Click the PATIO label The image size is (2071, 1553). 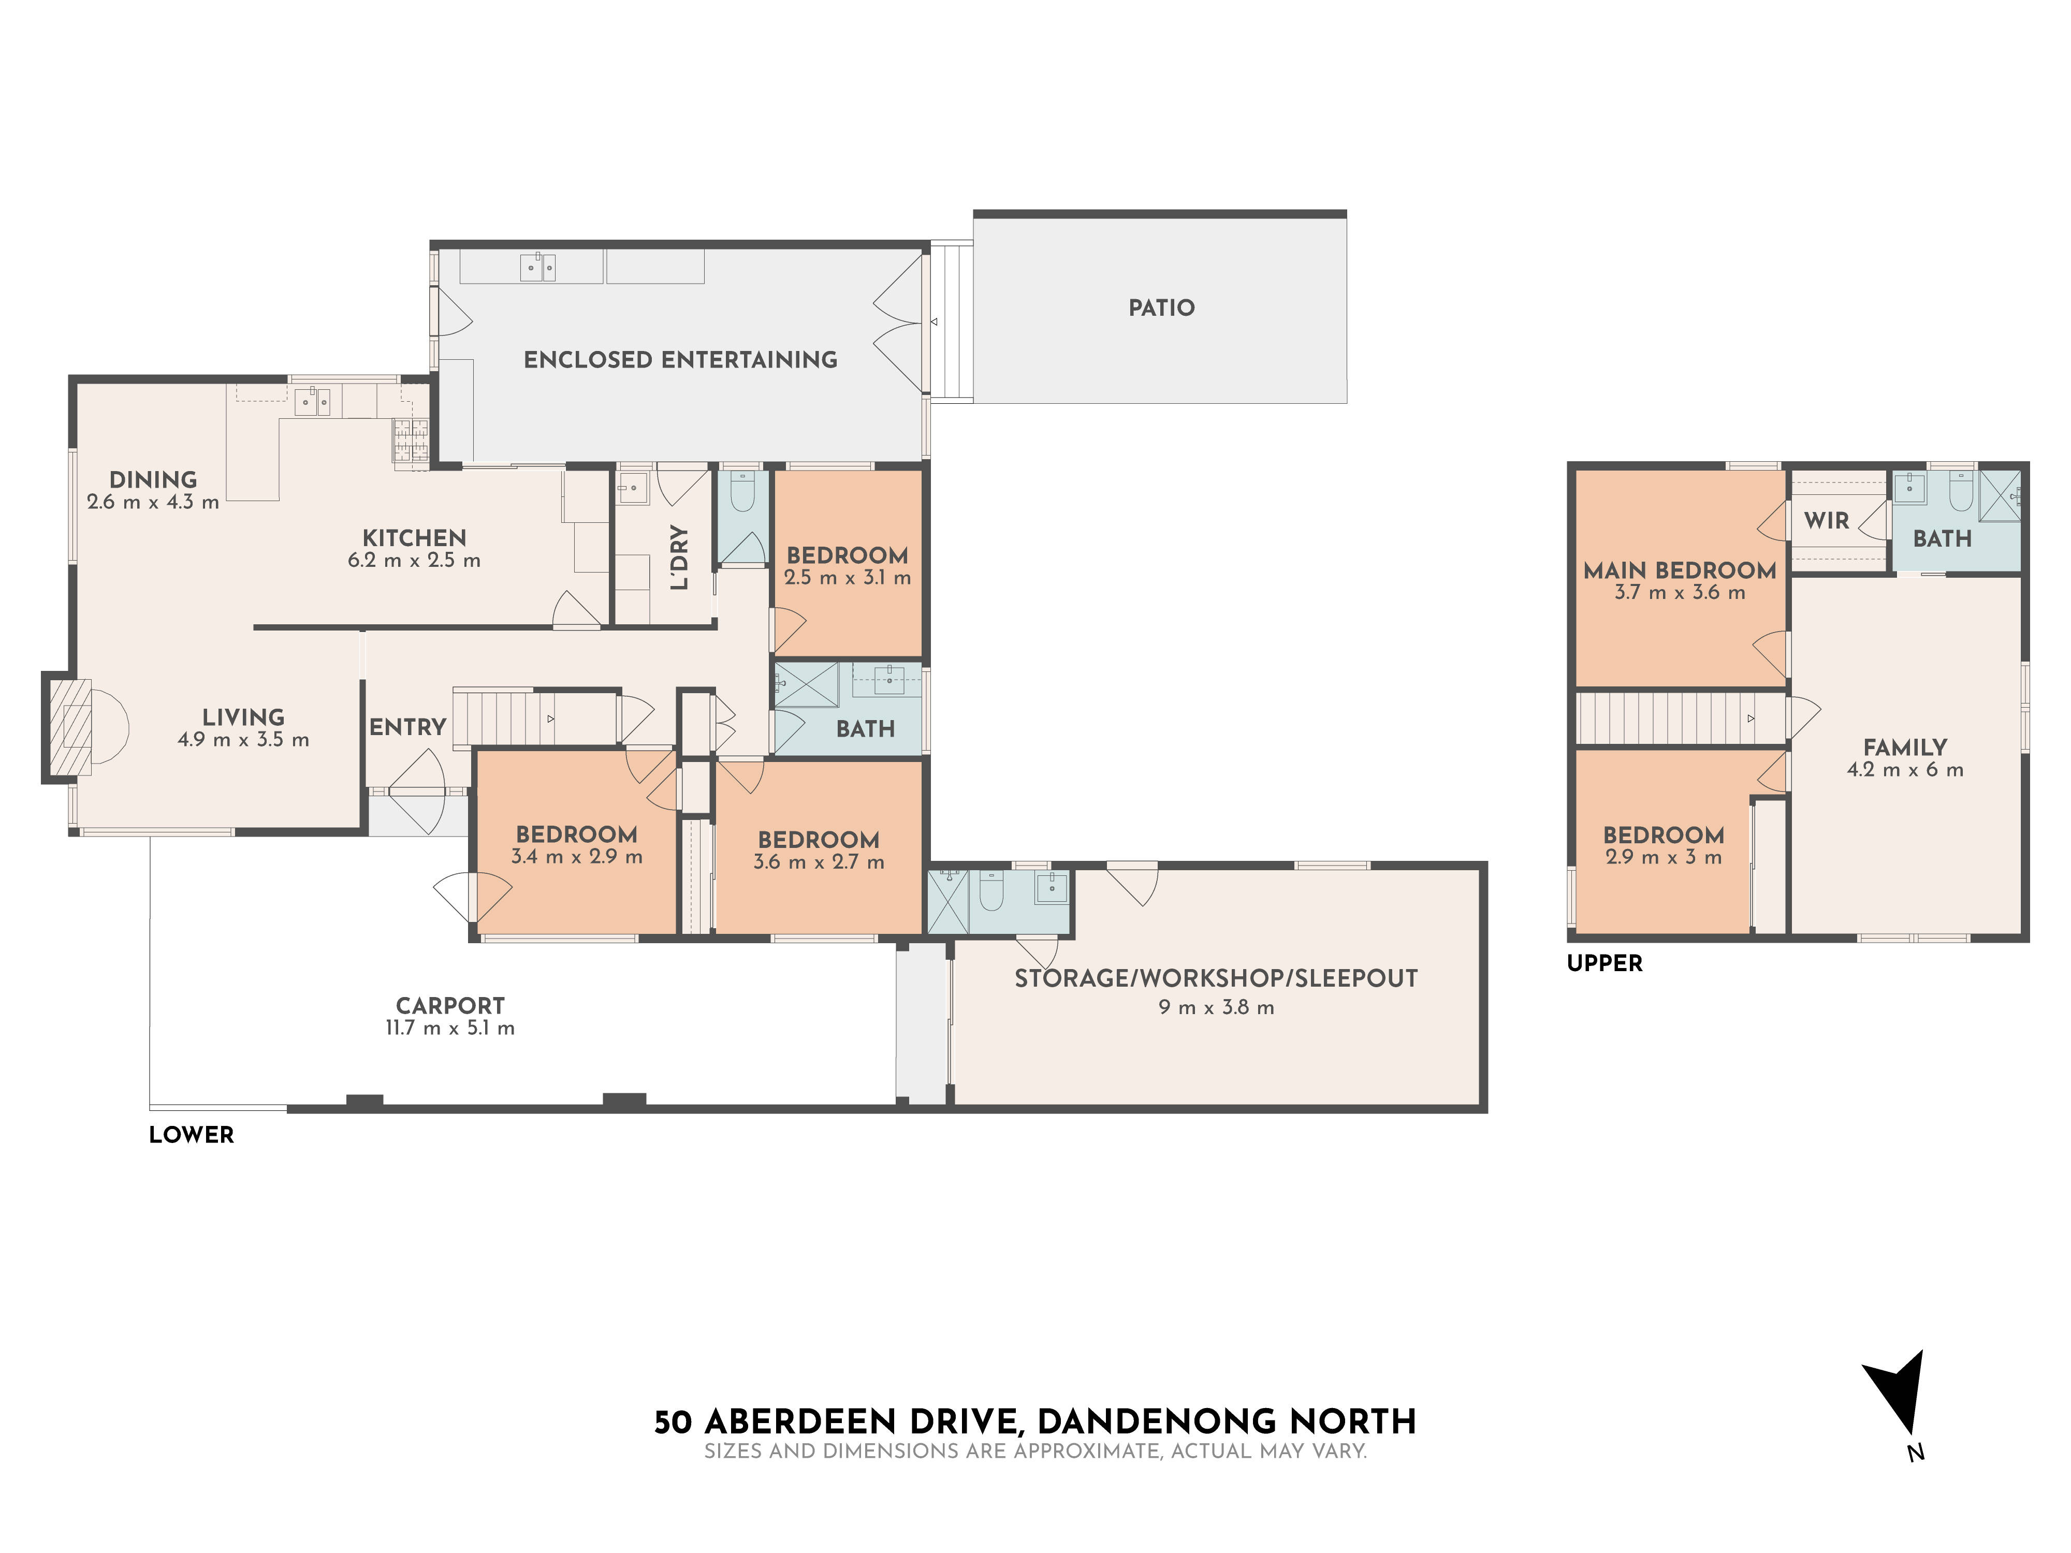(1161, 308)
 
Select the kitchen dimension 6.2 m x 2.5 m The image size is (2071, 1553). (414, 561)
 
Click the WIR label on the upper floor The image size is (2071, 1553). (1826, 520)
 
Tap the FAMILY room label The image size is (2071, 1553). (1904, 747)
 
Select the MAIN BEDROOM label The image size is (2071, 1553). (1680, 570)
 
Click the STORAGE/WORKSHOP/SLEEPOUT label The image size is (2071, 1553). (1215, 978)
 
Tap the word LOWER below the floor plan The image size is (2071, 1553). (191, 1135)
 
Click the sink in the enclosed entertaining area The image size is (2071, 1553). (537, 268)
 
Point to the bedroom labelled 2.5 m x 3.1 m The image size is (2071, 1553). (848, 565)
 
